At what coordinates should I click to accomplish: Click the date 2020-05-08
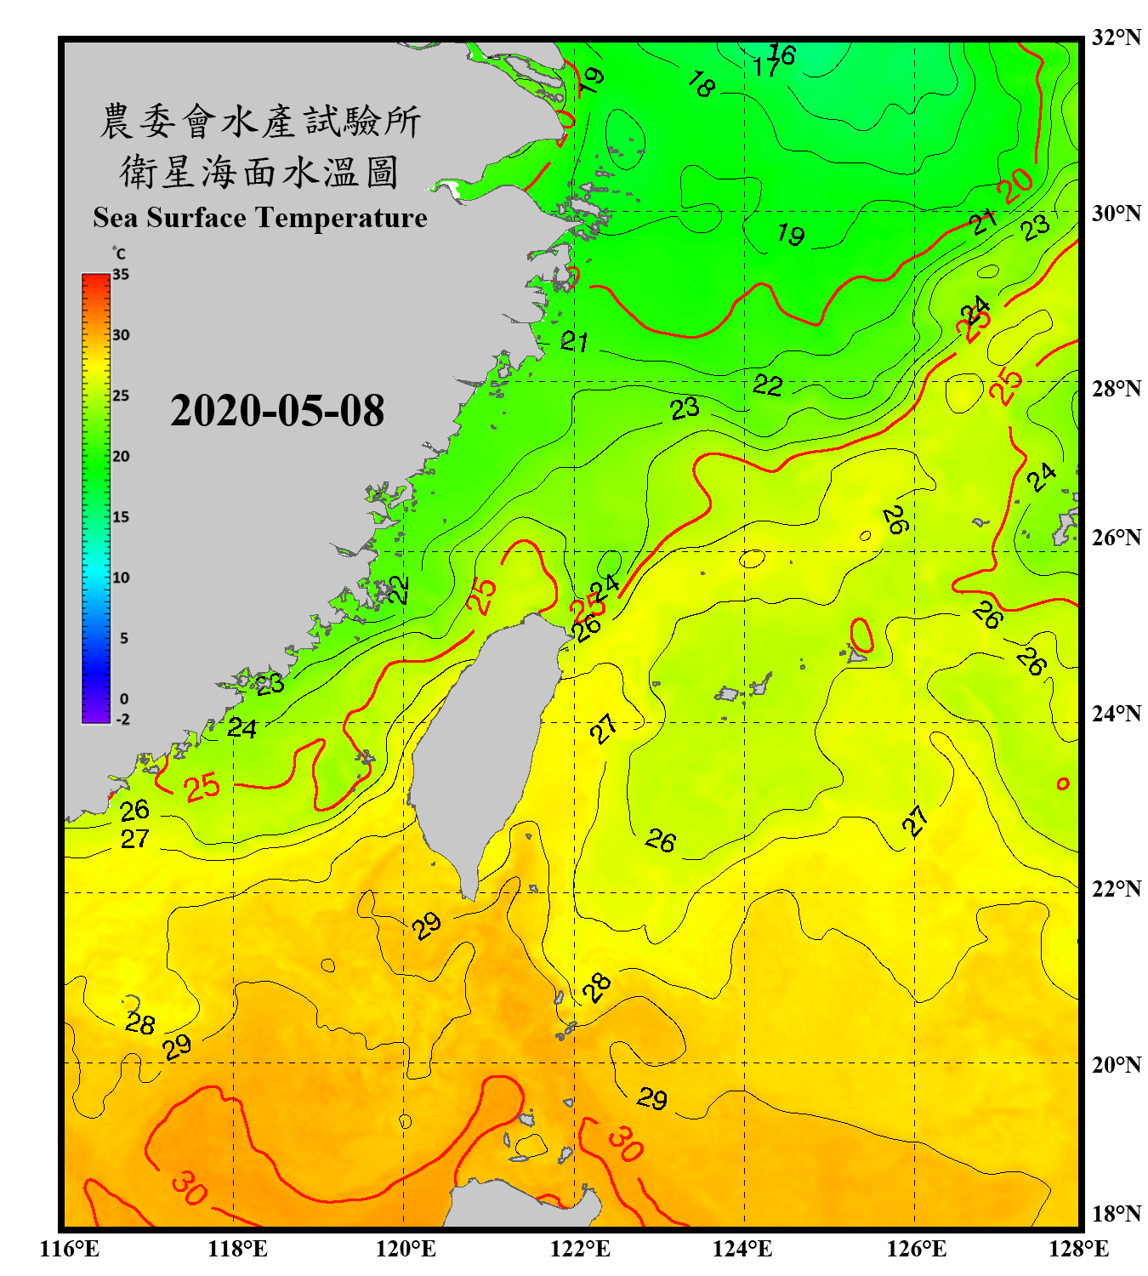pos(277,411)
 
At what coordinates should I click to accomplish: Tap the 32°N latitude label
pos(1117,37)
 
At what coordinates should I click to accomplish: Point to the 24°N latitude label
pos(1117,713)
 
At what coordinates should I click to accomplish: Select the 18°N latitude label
pos(1117,1214)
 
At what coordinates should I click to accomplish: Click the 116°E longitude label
pos(70,1249)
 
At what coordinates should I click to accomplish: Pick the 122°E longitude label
pos(580,1249)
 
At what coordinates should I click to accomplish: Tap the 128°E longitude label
pos(1078,1249)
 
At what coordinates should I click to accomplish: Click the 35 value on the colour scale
pos(121,275)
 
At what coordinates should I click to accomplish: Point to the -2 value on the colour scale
pos(122,720)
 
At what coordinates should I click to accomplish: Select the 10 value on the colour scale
pos(121,578)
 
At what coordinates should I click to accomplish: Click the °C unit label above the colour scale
pos(118,253)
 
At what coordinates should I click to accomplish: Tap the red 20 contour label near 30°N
pos(1015,185)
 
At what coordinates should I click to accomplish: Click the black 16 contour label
pos(782,54)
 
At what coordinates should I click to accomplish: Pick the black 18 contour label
pos(701,83)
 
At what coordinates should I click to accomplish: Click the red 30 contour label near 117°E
pos(189,1188)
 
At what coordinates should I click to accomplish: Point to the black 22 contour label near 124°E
pos(767,385)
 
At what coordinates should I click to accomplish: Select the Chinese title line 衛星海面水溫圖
pos(259,172)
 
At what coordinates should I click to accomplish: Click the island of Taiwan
pos(485,749)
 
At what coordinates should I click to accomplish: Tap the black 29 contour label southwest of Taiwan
pos(427,925)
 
